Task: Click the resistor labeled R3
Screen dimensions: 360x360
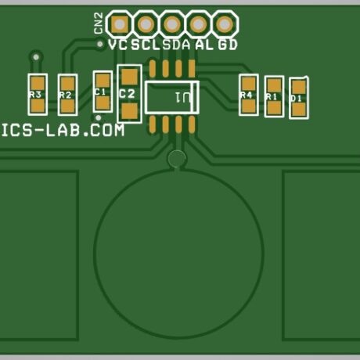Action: pyautogui.click(x=36, y=94)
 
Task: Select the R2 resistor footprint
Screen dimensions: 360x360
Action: pyautogui.click(x=67, y=95)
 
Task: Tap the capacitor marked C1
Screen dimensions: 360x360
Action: pyautogui.click(x=102, y=91)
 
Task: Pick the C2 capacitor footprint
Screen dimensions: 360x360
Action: pyautogui.click(x=129, y=94)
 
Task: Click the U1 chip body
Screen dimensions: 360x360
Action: pyautogui.click(x=172, y=98)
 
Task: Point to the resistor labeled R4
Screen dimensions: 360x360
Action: pyautogui.click(x=248, y=94)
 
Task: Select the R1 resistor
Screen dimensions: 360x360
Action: pyautogui.click(x=273, y=96)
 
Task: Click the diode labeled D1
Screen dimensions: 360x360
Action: pyautogui.click(x=298, y=98)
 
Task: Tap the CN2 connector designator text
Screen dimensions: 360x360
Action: pyautogui.click(x=98, y=23)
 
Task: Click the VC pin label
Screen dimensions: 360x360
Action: pyautogui.click(x=118, y=45)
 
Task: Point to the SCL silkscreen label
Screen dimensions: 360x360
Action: pyautogui.click(x=145, y=45)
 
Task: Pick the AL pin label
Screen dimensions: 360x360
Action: pyautogui.click(x=203, y=45)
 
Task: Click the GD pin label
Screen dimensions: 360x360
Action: pyautogui.click(x=228, y=45)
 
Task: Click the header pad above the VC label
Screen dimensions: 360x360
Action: pyautogui.click(x=119, y=23)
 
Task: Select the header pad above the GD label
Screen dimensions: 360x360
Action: pyautogui.click(x=225, y=23)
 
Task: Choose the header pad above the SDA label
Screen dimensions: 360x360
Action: pyautogui.click(x=172, y=23)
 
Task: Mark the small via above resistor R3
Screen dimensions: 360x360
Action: pyautogui.click(x=34, y=56)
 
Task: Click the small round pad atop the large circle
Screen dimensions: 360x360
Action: pyautogui.click(x=177, y=160)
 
